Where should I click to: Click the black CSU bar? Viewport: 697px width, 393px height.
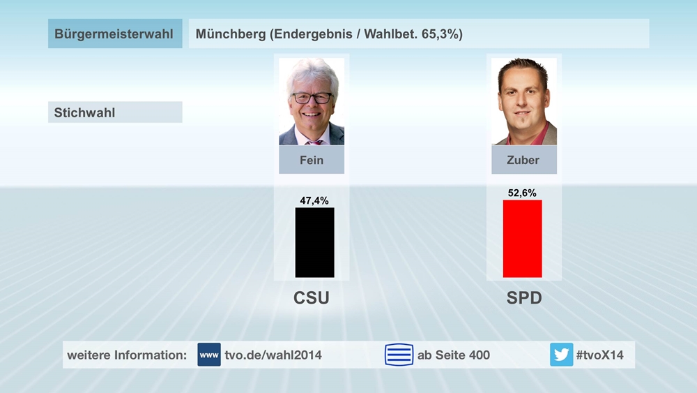(314, 242)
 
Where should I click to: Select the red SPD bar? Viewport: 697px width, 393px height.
(522, 239)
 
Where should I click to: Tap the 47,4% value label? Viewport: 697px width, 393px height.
(314, 200)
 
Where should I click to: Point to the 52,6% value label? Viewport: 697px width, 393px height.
(522, 193)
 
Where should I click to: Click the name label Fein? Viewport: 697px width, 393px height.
(312, 160)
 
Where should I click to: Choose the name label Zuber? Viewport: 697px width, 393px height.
(523, 160)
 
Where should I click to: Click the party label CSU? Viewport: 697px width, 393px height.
(311, 298)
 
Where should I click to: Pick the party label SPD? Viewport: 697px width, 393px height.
(524, 298)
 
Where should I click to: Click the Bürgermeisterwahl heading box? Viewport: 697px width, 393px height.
(115, 34)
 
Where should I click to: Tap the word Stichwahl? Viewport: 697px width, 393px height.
(85, 112)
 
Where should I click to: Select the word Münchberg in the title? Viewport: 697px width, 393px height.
(231, 34)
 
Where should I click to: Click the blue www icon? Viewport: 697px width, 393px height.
(209, 355)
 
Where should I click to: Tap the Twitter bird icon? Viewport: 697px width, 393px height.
(561, 355)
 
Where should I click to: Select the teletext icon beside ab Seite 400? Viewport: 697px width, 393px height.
(399, 355)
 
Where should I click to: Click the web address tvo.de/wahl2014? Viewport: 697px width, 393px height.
(273, 355)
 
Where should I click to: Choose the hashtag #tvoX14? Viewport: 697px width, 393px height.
(600, 355)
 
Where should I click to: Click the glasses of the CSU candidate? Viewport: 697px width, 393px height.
(312, 98)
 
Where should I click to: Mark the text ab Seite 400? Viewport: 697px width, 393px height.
(453, 355)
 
